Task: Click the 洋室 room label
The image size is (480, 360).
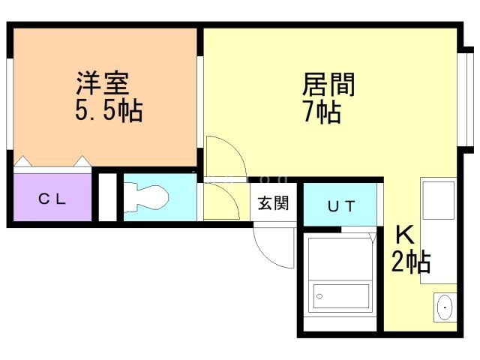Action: point(104,82)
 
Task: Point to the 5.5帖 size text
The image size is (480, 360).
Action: point(108,112)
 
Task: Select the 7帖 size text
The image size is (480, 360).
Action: point(322,112)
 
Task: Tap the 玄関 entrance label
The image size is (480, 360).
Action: point(274,203)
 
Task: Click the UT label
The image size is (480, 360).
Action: point(340,206)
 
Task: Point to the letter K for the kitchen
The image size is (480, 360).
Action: point(404,235)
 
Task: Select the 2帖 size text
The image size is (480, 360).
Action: point(410,262)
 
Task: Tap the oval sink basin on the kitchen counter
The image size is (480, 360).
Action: point(445,307)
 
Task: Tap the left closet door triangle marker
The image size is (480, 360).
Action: point(23,160)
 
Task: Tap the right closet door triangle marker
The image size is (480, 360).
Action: point(82,160)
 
